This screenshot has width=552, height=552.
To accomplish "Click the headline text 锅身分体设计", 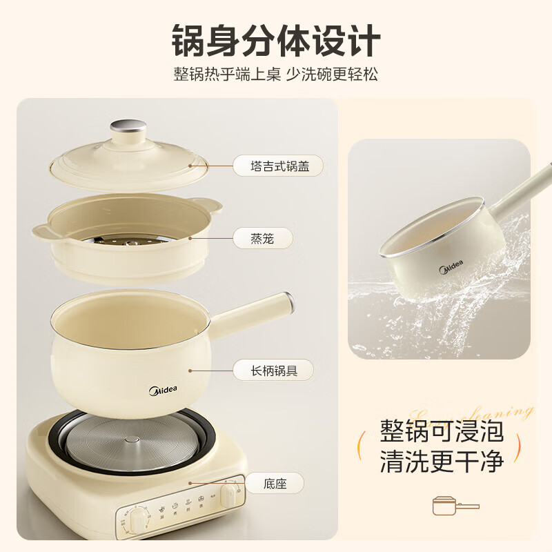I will pyautogui.click(x=275, y=39).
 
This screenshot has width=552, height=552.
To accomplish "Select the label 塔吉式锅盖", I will pyautogui.click(x=277, y=166).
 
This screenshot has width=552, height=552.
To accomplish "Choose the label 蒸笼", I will pyautogui.click(x=262, y=239).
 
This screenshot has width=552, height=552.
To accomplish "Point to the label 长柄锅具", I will pyautogui.click(x=273, y=370).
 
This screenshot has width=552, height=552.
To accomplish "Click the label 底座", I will pyautogui.click(x=275, y=483).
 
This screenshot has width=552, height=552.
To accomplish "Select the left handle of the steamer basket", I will pyautogui.click(x=41, y=230).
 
